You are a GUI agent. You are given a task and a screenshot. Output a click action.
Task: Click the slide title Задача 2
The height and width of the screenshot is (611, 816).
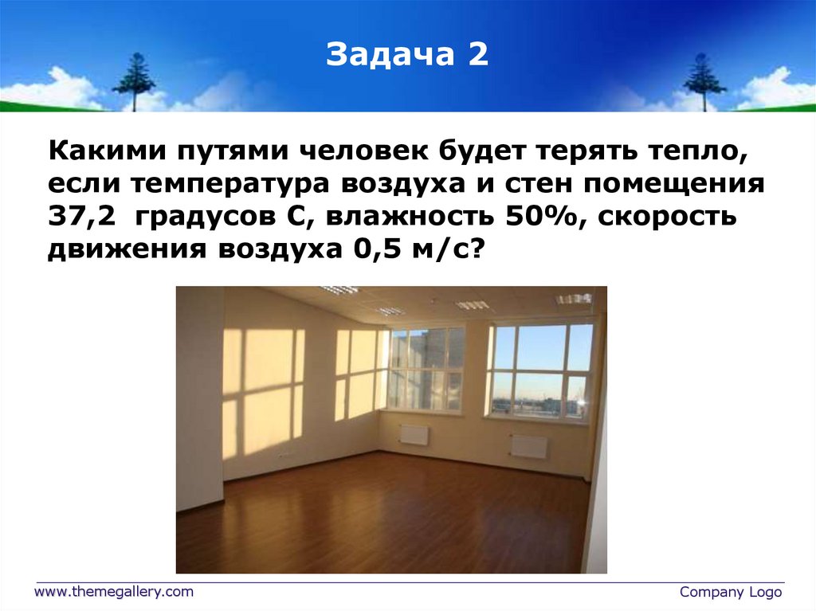[x=407, y=56]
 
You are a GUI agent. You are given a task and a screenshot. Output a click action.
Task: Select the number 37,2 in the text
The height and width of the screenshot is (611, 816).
[x=76, y=217]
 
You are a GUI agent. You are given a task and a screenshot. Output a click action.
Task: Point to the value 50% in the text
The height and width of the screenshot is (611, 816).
[x=539, y=217]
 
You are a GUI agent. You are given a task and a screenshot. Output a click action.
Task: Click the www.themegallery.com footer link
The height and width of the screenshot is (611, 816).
[x=113, y=592]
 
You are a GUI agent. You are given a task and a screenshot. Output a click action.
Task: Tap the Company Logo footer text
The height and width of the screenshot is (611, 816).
[x=731, y=592]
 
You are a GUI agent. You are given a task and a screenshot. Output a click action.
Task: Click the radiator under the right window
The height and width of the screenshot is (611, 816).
[x=529, y=445]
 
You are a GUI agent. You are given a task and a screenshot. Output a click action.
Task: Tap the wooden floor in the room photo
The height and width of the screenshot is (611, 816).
[x=382, y=518]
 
